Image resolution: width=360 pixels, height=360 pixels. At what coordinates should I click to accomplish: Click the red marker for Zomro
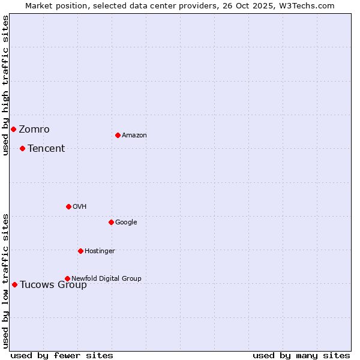pos(13,129)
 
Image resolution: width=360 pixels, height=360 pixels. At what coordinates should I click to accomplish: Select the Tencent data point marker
pos(22,148)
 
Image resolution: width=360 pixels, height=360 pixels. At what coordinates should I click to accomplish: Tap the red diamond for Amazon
pos(118,135)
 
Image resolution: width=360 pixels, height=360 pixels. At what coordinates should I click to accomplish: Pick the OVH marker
pos(68,206)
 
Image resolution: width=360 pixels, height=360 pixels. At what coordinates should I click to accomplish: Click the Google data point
pos(111,222)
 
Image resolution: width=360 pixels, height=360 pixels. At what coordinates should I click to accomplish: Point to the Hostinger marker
pos(80,251)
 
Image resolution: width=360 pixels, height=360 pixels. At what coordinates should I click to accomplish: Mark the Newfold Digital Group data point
pos(67,278)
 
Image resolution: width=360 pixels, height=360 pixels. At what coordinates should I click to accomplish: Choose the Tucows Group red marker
pos(14,284)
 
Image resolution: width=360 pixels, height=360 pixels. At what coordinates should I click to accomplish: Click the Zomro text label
pos(34,130)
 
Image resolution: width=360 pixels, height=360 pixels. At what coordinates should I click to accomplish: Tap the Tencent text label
pos(46,149)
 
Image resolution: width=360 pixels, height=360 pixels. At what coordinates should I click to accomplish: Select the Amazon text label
pos(134,136)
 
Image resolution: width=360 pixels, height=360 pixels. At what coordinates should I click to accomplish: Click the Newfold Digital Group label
pos(107,278)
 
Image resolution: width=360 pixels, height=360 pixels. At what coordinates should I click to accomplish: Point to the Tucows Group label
pos(53,285)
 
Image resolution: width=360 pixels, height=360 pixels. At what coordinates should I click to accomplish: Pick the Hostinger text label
pos(100,251)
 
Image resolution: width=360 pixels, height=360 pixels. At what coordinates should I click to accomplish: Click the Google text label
pos(126,223)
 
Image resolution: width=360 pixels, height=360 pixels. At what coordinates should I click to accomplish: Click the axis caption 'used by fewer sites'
pos(62,355)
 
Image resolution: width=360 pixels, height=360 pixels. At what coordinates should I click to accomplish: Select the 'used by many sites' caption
pos(301,355)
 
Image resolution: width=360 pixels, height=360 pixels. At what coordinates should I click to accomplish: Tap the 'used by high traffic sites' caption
pos(5,85)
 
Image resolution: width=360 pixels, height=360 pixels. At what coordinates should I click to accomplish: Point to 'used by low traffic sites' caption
pos(5,281)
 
